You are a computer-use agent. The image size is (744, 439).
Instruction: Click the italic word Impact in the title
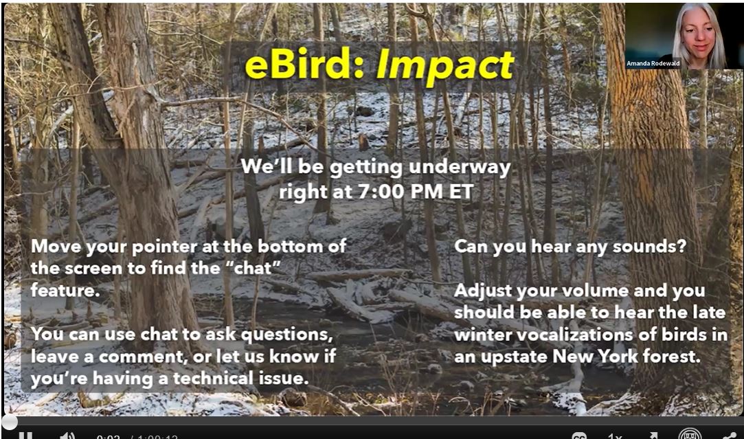pos(444,66)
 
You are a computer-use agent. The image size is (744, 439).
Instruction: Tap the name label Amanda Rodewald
pos(653,63)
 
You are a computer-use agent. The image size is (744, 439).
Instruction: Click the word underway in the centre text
pos(460,166)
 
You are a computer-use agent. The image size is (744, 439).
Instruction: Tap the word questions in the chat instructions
pos(287,335)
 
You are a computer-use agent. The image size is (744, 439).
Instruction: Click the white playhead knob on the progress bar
pos(9,422)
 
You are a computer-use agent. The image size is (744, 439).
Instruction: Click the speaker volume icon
pos(67,435)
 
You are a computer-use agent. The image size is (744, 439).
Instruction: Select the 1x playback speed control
pos(614,436)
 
